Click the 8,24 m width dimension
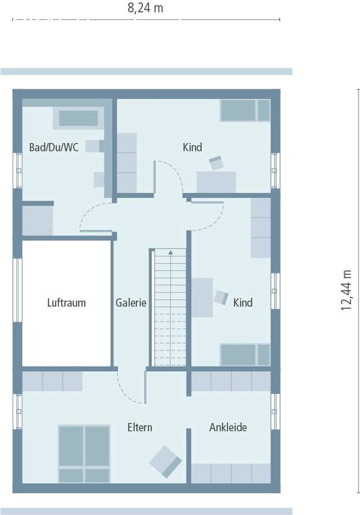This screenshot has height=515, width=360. point(145,8)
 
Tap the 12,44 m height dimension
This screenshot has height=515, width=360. point(346,290)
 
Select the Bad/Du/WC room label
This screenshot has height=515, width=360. point(54,147)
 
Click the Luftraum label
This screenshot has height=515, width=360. point(66,303)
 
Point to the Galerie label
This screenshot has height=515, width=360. point(131,303)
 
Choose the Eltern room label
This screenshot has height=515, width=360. point(140,427)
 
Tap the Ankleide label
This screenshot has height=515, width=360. point(228,427)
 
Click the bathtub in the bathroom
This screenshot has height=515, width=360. point(78,118)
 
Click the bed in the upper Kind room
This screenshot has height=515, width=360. point(245,111)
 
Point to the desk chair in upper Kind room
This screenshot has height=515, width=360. point(217,163)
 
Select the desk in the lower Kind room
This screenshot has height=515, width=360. point(202,297)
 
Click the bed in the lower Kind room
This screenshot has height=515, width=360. point(245,355)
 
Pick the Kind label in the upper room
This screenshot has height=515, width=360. point(192,147)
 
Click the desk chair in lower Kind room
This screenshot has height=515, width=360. point(221,297)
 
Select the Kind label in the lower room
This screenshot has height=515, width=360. point(243,303)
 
